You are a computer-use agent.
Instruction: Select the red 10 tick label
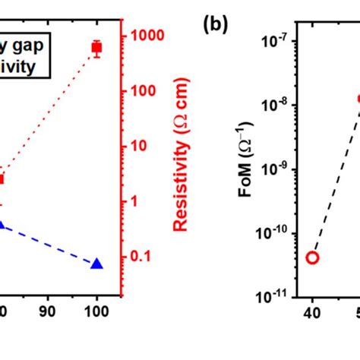[x=140, y=146]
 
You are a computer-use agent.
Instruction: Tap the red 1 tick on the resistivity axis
[x=136, y=201]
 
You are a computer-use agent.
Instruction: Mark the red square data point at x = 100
[x=96, y=48]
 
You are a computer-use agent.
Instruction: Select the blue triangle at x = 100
[x=96, y=264]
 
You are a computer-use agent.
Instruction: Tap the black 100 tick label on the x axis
[x=97, y=312]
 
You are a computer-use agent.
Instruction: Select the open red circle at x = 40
[x=312, y=257]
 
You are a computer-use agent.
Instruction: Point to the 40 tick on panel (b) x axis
[x=312, y=312]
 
